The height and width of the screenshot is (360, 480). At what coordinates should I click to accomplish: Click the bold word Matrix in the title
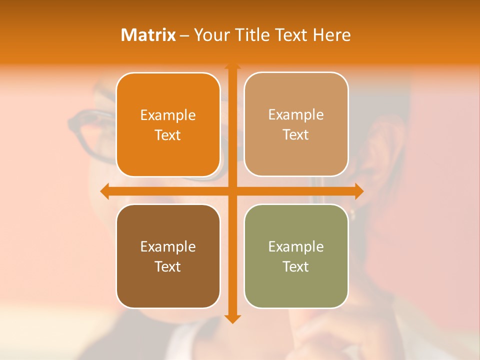[x=148, y=35]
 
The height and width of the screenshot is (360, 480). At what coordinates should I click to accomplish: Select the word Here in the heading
[x=332, y=35]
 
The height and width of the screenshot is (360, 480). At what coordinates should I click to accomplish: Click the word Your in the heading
[x=211, y=35]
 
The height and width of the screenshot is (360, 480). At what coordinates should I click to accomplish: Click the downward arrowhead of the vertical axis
[x=232, y=319]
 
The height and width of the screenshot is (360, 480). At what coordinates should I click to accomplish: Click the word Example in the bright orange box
[x=168, y=115]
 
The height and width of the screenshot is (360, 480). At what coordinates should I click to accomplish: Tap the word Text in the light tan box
[x=296, y=135]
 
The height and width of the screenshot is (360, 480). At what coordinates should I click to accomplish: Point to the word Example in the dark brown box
[x=168, y=246]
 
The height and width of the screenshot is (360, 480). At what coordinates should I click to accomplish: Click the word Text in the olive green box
[x=296, y=266]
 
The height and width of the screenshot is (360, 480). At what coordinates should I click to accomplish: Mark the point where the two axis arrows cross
[x=232, y=191]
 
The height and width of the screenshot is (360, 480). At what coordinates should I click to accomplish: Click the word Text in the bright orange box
[x=168, y=135]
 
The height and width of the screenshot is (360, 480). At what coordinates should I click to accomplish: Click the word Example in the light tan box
[x=296, y=115]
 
